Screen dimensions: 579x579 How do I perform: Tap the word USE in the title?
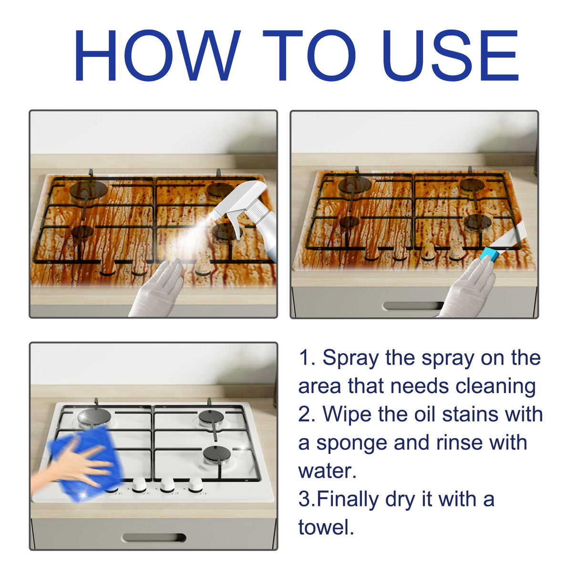click(450, 56)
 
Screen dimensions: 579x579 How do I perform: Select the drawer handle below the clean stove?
click(154, 538)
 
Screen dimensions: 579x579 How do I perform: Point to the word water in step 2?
click(327, 471)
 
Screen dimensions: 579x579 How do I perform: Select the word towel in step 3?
click(326, 527)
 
